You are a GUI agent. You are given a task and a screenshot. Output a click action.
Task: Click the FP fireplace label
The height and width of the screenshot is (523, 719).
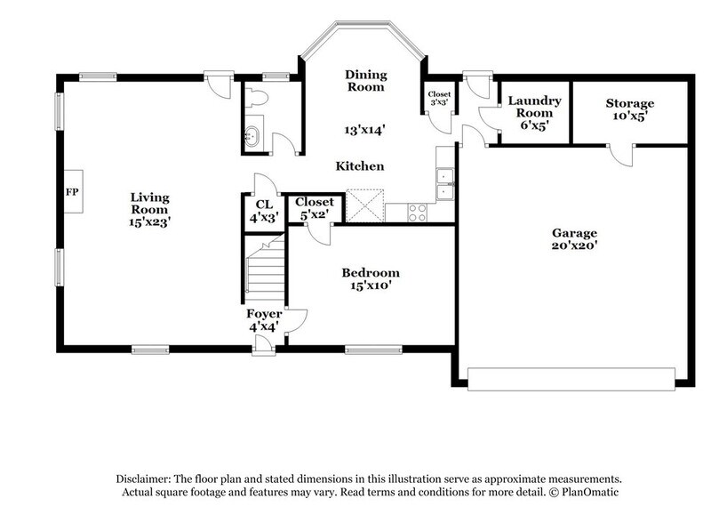[72, 191]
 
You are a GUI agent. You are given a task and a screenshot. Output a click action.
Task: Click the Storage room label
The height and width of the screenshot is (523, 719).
[630, 104]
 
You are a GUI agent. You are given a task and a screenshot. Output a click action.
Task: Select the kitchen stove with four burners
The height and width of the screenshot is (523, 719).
[417, 212]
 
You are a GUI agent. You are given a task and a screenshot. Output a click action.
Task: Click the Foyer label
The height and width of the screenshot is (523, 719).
[264, 314]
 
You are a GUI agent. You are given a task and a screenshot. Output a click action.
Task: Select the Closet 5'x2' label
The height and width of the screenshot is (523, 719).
[314, 207]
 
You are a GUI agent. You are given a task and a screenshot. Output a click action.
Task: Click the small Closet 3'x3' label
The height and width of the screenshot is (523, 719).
[439, 99]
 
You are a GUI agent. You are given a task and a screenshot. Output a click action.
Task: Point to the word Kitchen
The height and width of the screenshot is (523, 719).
[360, 166]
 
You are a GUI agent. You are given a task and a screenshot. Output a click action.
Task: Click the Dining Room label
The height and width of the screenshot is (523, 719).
[365, 81]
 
